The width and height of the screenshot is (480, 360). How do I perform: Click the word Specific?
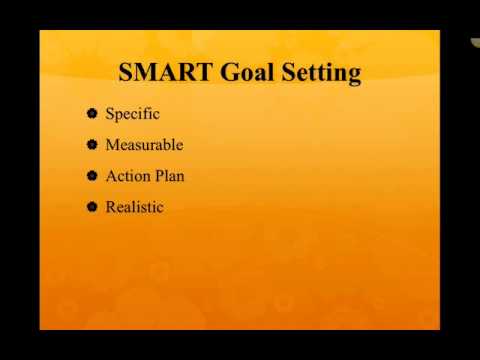[132, 114]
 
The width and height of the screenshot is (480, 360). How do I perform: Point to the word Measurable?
[144, 145]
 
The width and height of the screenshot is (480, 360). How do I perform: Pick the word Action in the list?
[127, 176]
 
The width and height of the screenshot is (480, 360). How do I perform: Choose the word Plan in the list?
[170, 176]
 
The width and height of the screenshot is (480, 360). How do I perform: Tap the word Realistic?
[134, 207]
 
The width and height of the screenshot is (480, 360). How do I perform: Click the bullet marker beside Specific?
[92, 114]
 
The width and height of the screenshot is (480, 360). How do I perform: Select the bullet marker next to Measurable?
[92, 145]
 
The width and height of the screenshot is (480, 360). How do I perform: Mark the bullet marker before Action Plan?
[92, 176]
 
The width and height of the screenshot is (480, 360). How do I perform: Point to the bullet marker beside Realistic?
[92, 207]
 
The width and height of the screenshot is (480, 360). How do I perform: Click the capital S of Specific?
[110, 114]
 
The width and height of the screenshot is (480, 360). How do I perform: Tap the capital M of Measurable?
[112, 145]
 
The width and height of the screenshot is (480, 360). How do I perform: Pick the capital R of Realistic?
[110, 207]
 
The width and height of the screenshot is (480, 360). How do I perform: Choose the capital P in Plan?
[158, 176]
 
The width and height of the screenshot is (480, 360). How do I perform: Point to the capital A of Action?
[110, 176]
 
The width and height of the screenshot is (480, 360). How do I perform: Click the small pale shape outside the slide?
[475, 42]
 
